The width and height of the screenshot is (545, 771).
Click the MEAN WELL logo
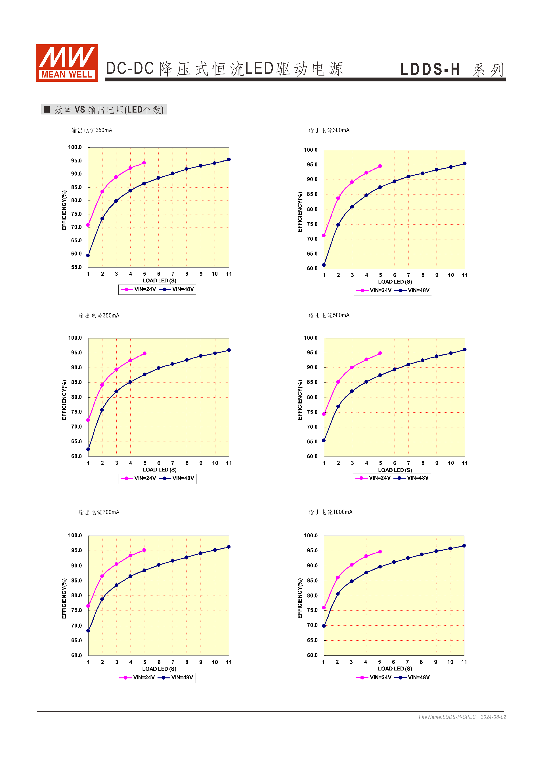(x=67, y=63)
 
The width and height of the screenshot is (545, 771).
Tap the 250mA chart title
(x=92, y=130)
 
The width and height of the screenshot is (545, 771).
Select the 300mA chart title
(x=329, y=130)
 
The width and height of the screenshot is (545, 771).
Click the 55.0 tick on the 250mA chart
(x=76, y=267)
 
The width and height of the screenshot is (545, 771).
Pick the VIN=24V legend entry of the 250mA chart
(x=138, y=289)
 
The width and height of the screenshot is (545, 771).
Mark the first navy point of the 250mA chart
(x=88, y=256)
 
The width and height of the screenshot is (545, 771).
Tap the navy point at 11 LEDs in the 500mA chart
(x=465, y=350)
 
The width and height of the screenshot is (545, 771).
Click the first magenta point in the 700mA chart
(x=88, y=606)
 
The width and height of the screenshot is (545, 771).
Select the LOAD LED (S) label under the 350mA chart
(x=160, y=470)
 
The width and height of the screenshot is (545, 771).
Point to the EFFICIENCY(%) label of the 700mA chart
(x=64, y=598)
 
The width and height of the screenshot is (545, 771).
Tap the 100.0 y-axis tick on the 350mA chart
(x=75, y=338)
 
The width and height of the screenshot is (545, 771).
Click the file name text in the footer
(x=447, y=717)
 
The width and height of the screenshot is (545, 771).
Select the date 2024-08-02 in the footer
(x=493, y=717)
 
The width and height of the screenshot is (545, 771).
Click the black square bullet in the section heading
(x=47, y=109)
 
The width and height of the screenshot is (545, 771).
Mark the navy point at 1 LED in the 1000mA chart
(x=324, y=626)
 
